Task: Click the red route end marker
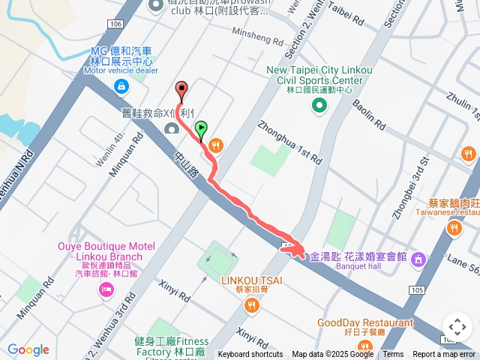click(180, 88)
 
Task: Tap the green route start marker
click(200, 130)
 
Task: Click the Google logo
click(28, 349)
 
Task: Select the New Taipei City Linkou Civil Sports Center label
click(319, 75)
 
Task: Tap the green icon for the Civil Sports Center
click(319, 106)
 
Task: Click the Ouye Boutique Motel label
click(106, 251)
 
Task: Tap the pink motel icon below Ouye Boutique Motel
click(105, 289)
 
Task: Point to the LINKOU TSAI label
click(250, 280)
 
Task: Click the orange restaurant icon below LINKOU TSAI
click(250, 305)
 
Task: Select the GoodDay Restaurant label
click(365, 322)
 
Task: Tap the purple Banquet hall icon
click(418, 259)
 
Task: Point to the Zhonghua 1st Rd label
click(289, 141)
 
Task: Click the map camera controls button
click(457, 328)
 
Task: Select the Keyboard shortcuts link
click(250, 355)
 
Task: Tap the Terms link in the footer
click(393, 355)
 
